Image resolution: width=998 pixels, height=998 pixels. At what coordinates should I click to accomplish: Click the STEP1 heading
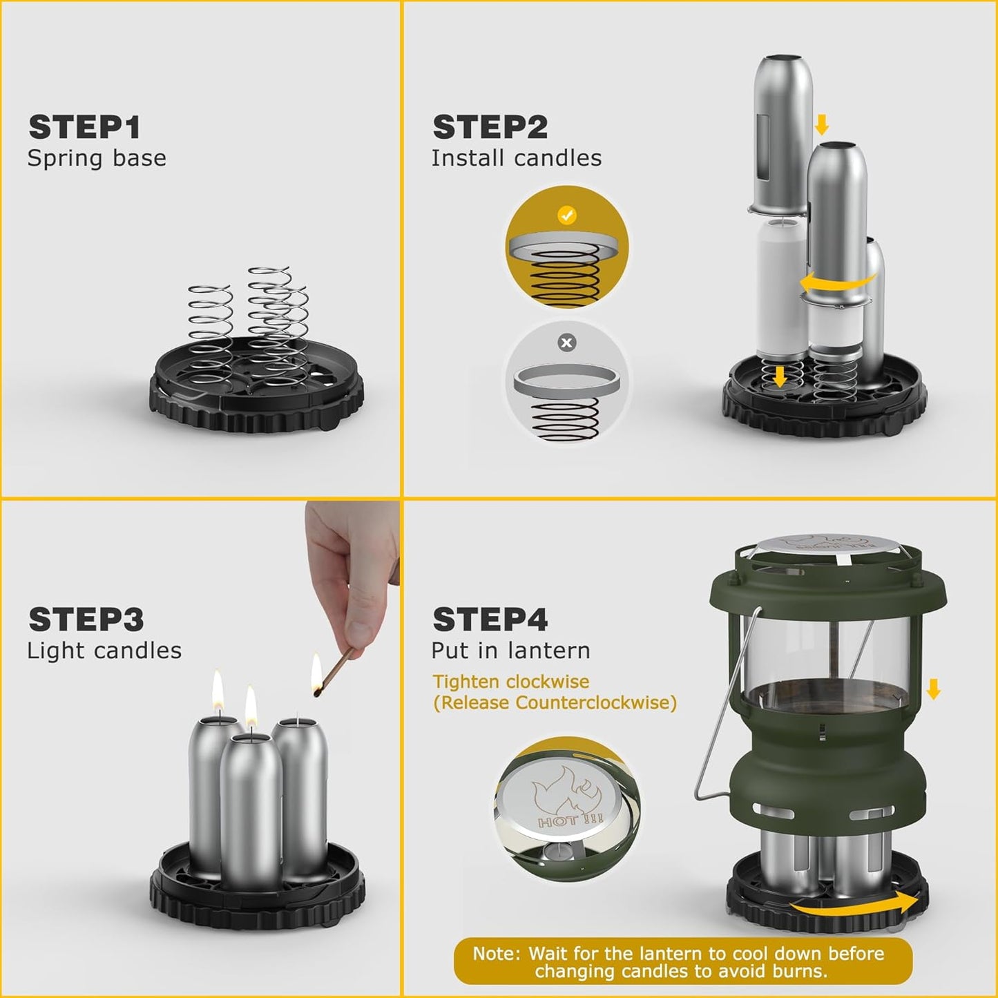[x=84, y=128]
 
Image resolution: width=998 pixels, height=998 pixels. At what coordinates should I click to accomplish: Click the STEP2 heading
[x=490, y=128]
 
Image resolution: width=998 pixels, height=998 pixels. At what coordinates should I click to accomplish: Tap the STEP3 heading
[x=86, y=620]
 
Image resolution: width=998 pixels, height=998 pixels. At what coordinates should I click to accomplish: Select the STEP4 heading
[x=490, y=620]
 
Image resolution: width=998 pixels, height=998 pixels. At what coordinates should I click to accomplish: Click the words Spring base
[x=97, y=158]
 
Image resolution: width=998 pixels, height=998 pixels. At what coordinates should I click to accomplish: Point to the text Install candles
[x=516, y=158]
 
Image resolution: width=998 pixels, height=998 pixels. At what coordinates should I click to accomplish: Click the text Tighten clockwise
[x=510, y=682]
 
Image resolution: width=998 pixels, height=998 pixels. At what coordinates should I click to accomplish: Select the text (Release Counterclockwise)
[x=555, y=703]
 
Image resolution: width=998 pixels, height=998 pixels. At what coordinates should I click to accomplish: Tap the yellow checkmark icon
[x=567, y=215]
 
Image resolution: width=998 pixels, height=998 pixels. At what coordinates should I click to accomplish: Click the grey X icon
[x=567, y=343]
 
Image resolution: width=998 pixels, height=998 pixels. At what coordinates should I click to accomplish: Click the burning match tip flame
[x=316, y=673]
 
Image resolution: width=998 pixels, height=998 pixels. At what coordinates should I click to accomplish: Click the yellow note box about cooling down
[x=682, y=962]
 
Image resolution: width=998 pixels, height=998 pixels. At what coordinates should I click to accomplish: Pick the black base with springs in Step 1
[x=256, y=387]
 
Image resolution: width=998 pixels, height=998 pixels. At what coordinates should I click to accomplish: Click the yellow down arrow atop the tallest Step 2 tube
[x=821, y=125]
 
